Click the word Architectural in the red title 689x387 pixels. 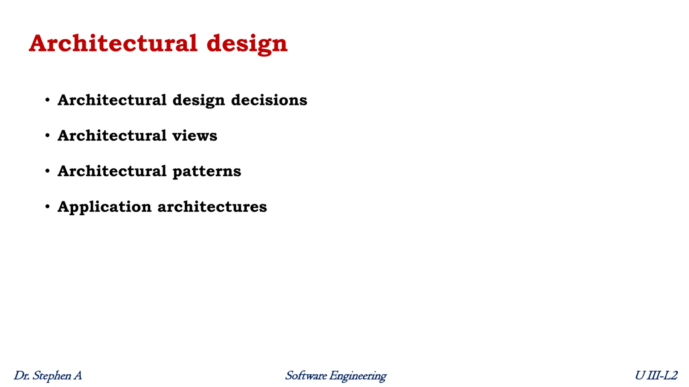(x=113, y=43)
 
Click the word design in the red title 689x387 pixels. (x=247, y=44)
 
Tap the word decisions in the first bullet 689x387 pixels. (x=269, y=100)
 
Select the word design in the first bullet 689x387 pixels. (x=198, y=100)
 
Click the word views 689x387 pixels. (x=194, y=136)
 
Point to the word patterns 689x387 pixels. (x=207, y=171)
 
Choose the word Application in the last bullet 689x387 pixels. (x=104, y=207)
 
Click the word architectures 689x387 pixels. (x=212, y=207)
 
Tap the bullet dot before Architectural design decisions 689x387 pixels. (x=47, y=100)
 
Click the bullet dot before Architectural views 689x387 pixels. (x=47, y=135)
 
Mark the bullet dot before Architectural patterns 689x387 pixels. (x=47, y=171)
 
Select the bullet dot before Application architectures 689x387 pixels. (x=47, y=207)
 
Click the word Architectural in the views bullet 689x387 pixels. (x=112, y=136)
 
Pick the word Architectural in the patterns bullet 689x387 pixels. (x=112, y=171)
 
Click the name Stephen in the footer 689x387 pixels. (x=52, y=376)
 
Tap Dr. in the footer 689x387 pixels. (x=21, y=376)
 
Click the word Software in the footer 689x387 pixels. (x=306, y=376)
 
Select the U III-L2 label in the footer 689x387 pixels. (x=656, y=375)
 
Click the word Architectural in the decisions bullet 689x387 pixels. (x=112, y=100)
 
